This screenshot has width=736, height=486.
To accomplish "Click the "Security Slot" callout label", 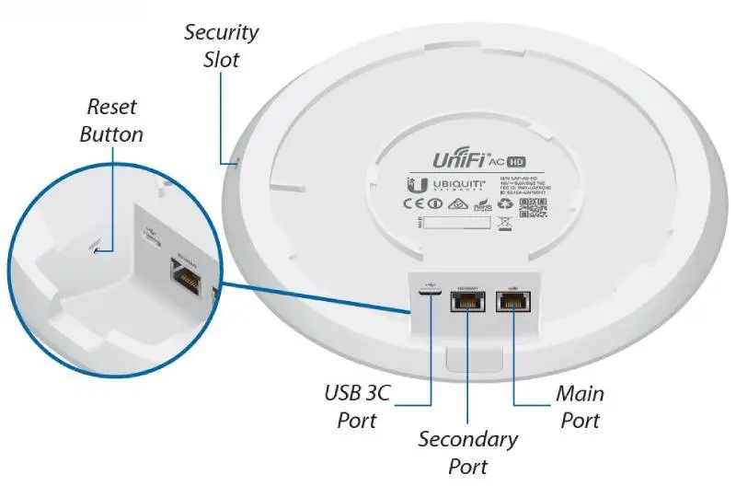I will (x=221, y=46).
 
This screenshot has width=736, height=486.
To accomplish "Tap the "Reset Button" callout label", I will (x=111, y=121).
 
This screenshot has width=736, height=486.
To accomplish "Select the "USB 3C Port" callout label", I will (x=357, y=407).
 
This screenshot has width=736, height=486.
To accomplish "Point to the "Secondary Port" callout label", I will (x=467, y=451).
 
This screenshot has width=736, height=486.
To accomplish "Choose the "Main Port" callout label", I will (x=580, y=407).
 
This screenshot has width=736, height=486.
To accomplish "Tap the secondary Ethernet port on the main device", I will (x=467, y=306).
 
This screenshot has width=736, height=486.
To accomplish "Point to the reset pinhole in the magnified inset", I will (x=95, y=248).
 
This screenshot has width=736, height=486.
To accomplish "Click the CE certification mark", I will (x=414, y=204).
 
